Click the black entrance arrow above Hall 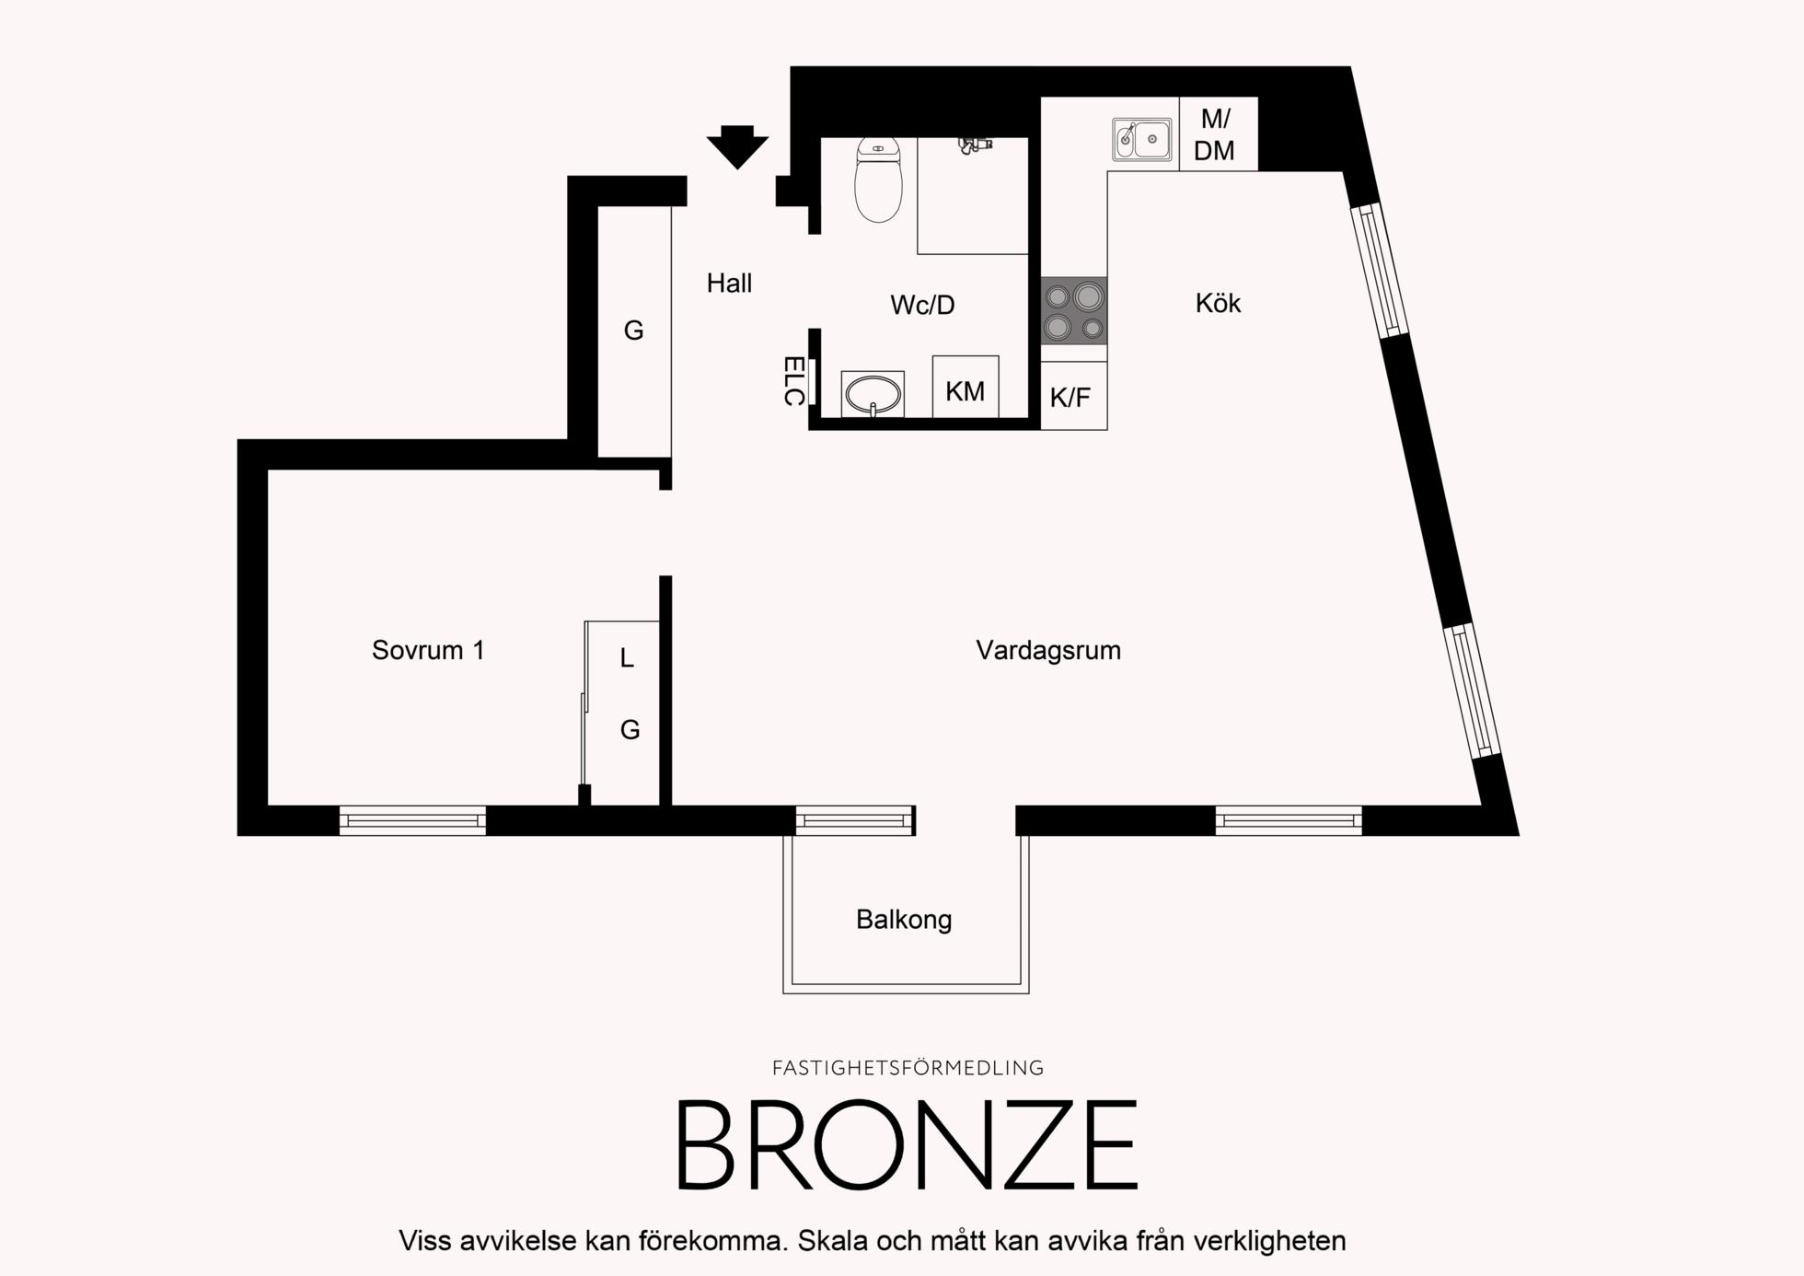click(x=737, y=146)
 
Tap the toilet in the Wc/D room click(x=878, y=180)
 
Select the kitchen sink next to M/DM click(x=1141, y=139)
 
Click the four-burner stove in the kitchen click(x=1074, y=311)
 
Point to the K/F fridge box click(x=1074, y=396)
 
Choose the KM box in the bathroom click(x=966, y=387)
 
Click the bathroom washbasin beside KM click(x=873, y=394)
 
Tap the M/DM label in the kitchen click(x=1215, y=134)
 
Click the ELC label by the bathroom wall click(x=793, y=381)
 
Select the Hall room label click(x=729, y=284)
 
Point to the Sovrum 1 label click(x=428, y=650)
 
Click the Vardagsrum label click(x=1048, y=650)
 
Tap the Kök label click(x=1218, y=303)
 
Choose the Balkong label click(x=904, y=920)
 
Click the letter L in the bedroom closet click(x=627, y=657)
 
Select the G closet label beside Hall click(x=633, y=331)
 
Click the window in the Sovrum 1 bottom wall click(x=412, y=820)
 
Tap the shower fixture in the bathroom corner click(x=974, y=144)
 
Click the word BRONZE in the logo click(x=907, y=1145)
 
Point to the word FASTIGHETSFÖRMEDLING click(x=908, y=1068)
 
